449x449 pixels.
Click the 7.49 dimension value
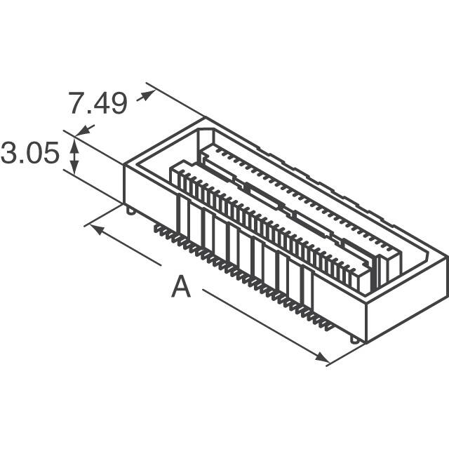click(98, 103)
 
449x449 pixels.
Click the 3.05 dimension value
click(29, 153)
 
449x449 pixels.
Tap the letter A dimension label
click(181, 286)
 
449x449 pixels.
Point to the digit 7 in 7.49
click(77, 103)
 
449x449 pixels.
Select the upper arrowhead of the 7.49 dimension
click(148, 95)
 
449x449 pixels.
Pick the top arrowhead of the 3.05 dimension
click(74, 146)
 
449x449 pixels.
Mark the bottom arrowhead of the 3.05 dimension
click(74, 167)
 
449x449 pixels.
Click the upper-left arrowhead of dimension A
click(97, 230)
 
